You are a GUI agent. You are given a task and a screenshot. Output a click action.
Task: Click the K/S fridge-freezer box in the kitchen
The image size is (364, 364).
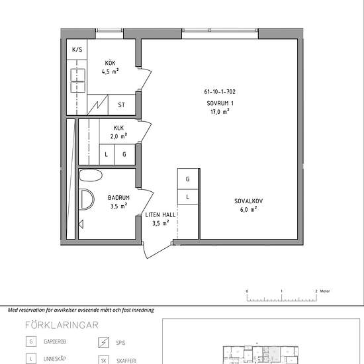tap(77, 50)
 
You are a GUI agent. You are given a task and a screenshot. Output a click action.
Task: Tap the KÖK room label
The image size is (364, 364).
tap(109, 63)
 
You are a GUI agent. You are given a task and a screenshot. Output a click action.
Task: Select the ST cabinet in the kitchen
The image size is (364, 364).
tap(121, 105)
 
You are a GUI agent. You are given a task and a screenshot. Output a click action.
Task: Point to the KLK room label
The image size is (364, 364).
tap(118, 128)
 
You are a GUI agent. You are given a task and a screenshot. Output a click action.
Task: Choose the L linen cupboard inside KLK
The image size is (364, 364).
tap(106, 155)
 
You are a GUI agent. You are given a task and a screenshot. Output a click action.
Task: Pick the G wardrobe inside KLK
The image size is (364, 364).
tap(124, 155)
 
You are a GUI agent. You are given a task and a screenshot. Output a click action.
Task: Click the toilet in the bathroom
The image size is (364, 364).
tap(91, 175)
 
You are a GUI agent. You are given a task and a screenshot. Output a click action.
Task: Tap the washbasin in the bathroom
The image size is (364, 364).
tap(86, 199)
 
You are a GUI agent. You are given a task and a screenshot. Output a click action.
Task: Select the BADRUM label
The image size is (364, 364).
tap(119, 197)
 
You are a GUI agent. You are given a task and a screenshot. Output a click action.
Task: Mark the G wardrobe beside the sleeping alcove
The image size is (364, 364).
tap(188, 179)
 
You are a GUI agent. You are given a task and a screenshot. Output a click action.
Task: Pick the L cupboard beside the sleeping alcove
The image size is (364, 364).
tap(188, 197)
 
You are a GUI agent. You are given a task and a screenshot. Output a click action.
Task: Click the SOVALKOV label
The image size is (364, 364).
tap(245, 201)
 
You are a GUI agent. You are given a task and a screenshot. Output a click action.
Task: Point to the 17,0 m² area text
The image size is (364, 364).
tap(220, 112)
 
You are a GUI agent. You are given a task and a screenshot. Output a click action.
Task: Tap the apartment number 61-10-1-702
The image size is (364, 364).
tap(220, 93)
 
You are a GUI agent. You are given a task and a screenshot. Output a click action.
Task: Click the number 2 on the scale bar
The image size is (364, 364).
tap(317, 291)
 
